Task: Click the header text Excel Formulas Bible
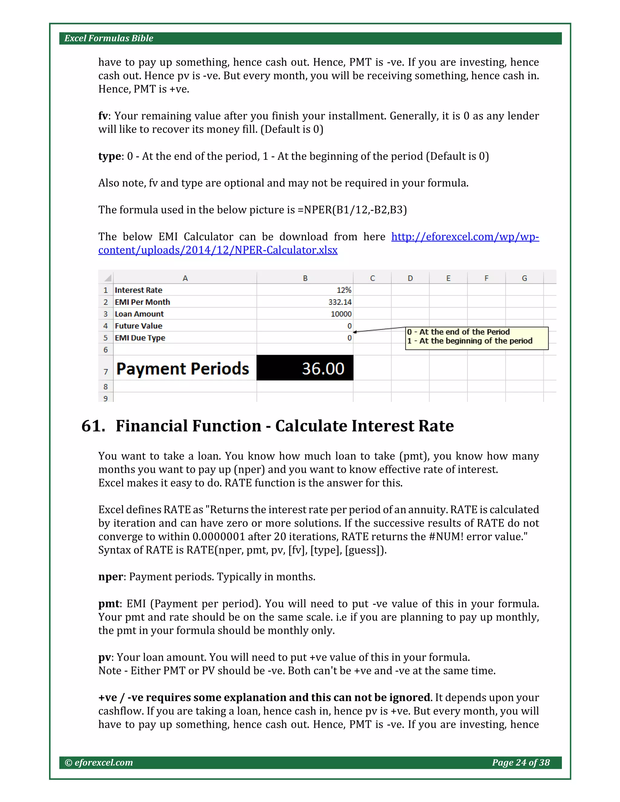click(109, 38)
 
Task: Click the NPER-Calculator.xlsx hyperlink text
click(217, 250)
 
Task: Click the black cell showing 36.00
click(305, 368)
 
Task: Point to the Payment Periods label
click(183, 369)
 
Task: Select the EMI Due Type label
click(140, 338)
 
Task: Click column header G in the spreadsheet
click(524, 278)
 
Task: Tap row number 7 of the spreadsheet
click(106, 372)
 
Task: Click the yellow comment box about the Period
click(477, 338)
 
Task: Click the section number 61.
click(93, 426)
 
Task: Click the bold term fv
click(103, 116)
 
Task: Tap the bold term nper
click(110, 577)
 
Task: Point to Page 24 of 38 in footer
click(520, 763)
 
